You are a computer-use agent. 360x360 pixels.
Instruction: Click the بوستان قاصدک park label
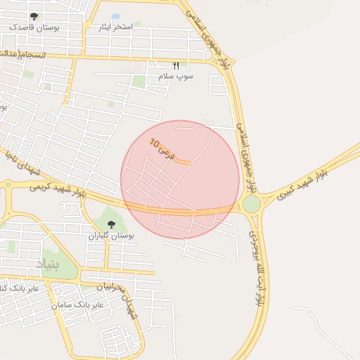pyautogui.click(x=34, y=27)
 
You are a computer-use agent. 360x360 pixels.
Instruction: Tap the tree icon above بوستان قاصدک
pyautogui.click(x=34, y=16)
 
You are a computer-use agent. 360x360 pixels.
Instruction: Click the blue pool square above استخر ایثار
pyautogui.click(x=116, y=16)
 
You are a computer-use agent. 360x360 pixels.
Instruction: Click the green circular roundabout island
pyautogui.click(x=252, y=204)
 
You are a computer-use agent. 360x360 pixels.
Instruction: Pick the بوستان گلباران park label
pyautogui.click(x=110, y=236)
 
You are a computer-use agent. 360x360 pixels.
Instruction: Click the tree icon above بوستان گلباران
pyautogui.click(x=111, y=224)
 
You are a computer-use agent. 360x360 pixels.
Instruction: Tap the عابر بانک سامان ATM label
pyautogui.click(x=78, y=305)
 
